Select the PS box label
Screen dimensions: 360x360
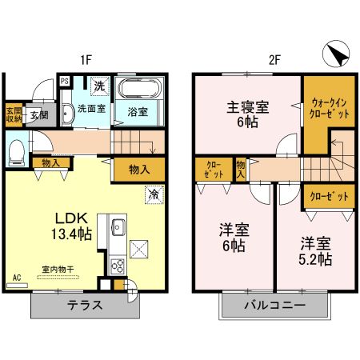[x=64, y=81]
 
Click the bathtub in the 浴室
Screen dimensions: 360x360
[x=142, y=87]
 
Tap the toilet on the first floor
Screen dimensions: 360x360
[x=17, y=150]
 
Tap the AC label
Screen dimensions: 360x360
[x=16, y=278]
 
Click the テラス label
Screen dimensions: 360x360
[x=83, y=306]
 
